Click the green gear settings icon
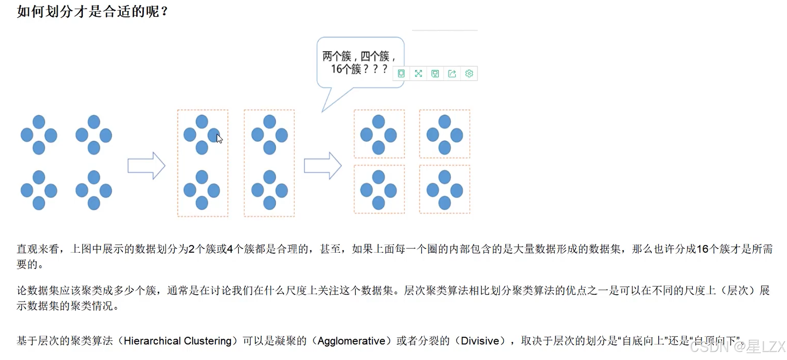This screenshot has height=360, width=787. pos(469,73)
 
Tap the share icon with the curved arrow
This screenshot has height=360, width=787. pos(452,73)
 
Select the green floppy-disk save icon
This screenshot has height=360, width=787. pos(435,73)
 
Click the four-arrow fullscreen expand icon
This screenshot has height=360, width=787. pos(419,73)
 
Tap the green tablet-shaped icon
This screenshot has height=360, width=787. pos(401,73)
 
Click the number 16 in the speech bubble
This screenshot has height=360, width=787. pos(336,69)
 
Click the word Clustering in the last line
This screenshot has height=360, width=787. pos(208,341)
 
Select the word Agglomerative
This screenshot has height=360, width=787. pos(352,341)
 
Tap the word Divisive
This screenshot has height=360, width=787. pos(480,341)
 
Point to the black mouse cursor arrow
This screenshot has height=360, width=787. pos(219,138)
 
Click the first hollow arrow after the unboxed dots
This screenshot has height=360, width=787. pos(146,166)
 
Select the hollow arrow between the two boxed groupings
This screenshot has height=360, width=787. pos(322,166)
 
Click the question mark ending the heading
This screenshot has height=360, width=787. pos(165,12)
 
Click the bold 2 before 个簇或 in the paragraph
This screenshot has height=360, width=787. pos(192,249)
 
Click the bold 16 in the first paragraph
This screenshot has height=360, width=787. pos(702,249)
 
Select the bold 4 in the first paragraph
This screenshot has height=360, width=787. pos(230,249)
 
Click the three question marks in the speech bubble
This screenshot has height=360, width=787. pos(375,69)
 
